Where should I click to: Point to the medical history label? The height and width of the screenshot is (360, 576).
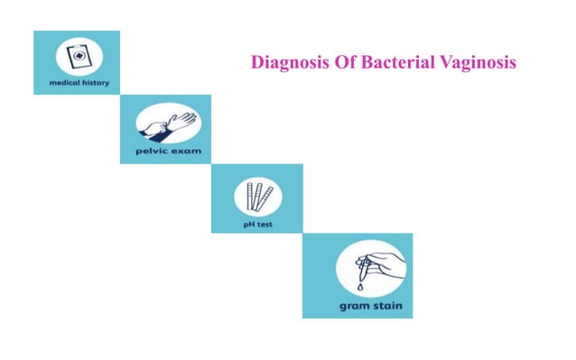76,82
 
